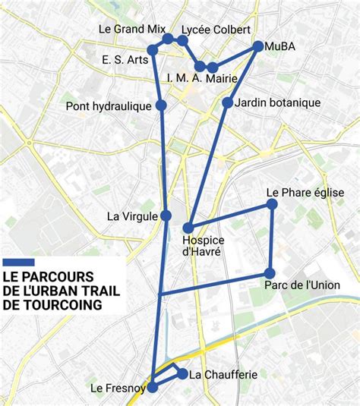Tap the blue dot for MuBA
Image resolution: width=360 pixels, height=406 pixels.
pyautogui.click(x=258, y=46)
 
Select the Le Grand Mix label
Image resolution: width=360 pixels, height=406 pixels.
pyautogui.click(x=132, y=30)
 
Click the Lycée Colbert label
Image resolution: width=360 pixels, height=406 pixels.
pyautogui.click(x=216, y=30)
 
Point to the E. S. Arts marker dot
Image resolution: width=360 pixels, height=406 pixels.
pyautogui.click(x=152, y=50)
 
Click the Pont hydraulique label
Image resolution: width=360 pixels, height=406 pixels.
pyautogui.click(x=109, y=106)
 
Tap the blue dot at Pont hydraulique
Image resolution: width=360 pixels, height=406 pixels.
pyautogui.click(x=161, y=105)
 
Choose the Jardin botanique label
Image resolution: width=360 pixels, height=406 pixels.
pyautogui.click(x=278, y=102)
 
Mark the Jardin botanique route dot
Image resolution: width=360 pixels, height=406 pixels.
pyautogui.click(x=227, y=102)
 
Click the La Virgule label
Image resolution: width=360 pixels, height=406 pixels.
pyautogui.click(x=132, y=216)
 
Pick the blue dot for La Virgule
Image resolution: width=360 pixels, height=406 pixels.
pyautogui.click(x=165, y=216)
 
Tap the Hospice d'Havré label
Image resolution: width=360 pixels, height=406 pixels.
pyautogui.click(x=204, y=246)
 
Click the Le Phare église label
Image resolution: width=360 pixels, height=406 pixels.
pyautogui.click(x=305, y=193)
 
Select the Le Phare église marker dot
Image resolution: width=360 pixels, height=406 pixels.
pyautogui.click(x=272, y=204)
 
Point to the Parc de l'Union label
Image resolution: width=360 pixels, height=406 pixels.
pyautogui.click(x=302, y=285)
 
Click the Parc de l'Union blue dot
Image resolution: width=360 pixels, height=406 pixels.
pyautogui.click(x=269, y=273)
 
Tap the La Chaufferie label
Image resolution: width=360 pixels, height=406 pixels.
pyautogui.click(x=223, y=374)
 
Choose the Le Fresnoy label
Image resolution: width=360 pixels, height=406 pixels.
pyautogui.click(x=118, y=389)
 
